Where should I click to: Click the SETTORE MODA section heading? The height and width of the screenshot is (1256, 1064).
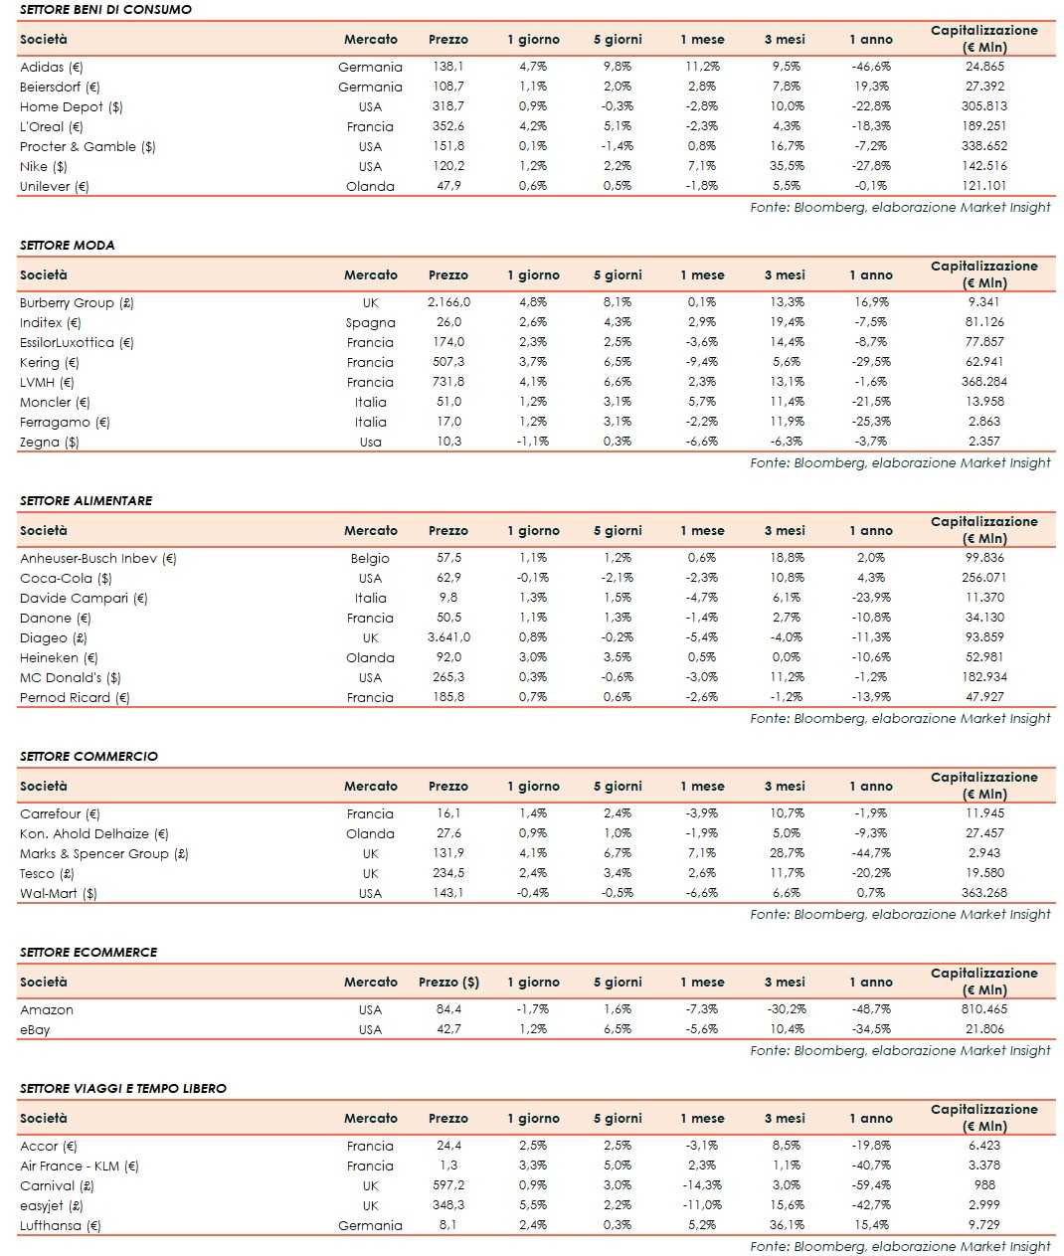[67, 245]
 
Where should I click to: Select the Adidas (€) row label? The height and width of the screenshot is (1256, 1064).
[51, 67]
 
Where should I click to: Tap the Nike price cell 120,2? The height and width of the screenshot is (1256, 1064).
[448, 166]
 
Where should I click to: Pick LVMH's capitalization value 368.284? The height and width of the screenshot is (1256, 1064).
[983, 382]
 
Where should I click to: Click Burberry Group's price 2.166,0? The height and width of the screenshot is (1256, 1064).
[448, 302]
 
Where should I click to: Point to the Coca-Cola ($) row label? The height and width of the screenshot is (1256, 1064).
[66, 578]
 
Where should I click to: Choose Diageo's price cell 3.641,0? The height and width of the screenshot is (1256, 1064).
[448, 637]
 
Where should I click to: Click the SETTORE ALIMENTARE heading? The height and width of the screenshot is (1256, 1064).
[86, 500]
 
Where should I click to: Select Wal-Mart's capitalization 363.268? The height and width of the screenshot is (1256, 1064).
[983, 893]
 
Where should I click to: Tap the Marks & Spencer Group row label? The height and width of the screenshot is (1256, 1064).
[103, 853]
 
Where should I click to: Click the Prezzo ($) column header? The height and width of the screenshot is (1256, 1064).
[448, 982]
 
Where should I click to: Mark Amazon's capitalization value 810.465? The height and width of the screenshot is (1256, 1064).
[983, 1009]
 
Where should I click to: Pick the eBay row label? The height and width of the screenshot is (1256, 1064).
[35, 1029]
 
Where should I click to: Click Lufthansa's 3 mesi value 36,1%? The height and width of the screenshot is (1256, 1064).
[786, 1225]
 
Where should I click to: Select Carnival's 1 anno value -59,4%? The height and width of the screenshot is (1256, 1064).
[871, 1185]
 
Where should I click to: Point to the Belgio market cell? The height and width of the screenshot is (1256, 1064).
[370, 558]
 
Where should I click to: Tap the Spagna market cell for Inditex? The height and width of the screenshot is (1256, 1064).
[370, 322]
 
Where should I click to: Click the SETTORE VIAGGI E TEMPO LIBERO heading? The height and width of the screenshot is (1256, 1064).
[122, 1088]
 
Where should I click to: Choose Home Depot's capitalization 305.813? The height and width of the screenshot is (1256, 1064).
[983, 106]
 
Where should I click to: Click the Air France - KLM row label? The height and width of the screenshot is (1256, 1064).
[79, 1166]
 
